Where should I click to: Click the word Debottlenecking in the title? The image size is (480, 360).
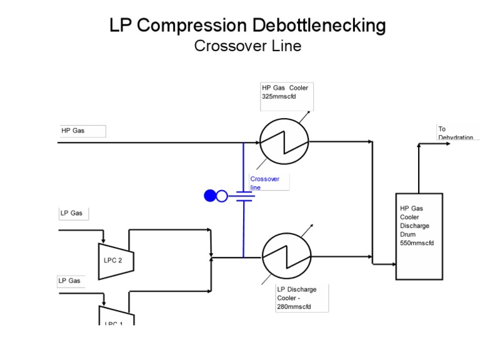coord(319,26)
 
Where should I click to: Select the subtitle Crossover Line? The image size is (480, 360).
coord(247,46)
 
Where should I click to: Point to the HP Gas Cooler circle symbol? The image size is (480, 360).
coord(284,142)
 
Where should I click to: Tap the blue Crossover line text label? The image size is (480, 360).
coord(265,182)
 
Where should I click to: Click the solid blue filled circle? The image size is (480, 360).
coord(210,196)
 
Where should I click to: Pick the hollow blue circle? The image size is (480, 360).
coord(222,196)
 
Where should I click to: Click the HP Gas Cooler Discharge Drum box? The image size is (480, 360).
coord(419,236)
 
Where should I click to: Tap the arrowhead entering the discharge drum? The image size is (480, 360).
coord(392,264)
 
